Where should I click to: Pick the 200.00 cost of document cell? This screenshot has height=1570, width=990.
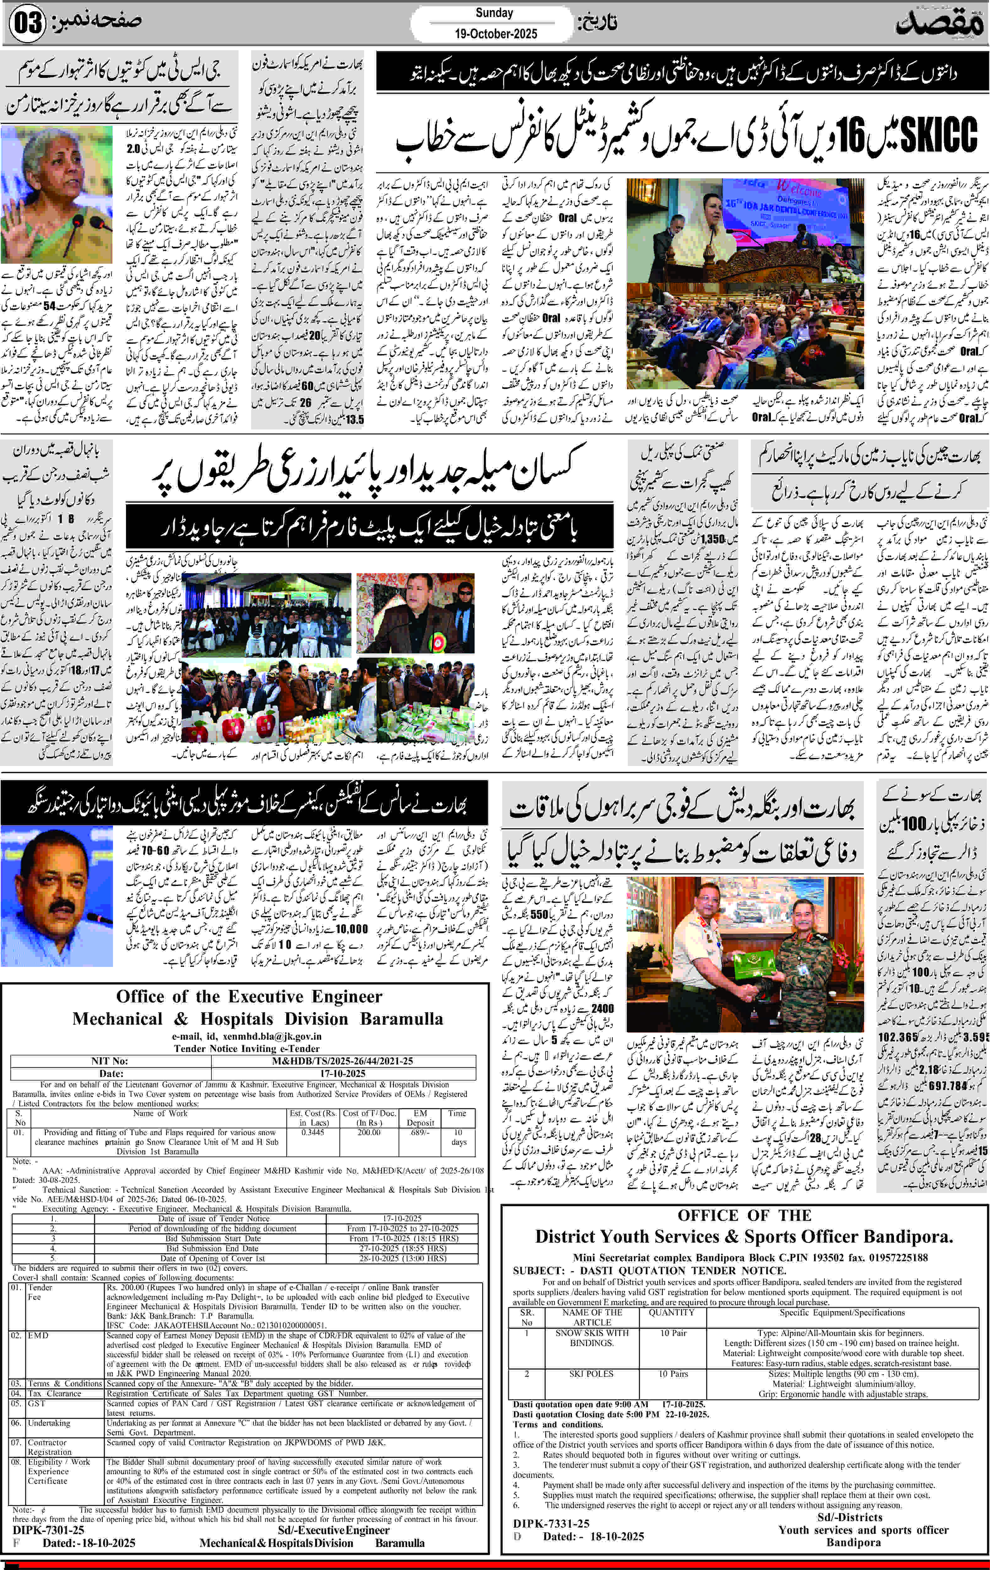click(369, 1132)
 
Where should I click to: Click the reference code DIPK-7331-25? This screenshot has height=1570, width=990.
click(551, 1524)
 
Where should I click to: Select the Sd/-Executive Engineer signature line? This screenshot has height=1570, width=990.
click(333, 1530)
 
